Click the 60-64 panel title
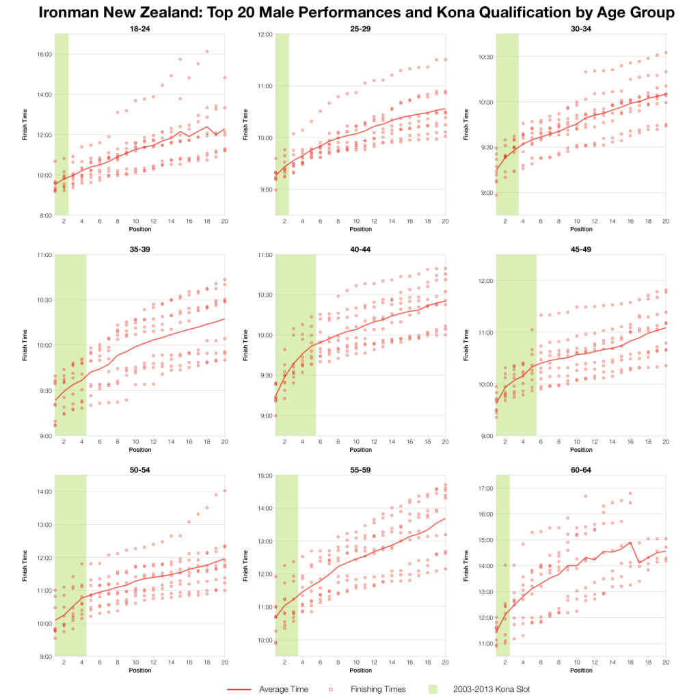(x=581, y=470)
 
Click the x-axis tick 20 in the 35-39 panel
(x=224, y=443)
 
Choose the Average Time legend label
(x=283, y=689)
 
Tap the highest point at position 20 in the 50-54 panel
(x=224, y=491)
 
